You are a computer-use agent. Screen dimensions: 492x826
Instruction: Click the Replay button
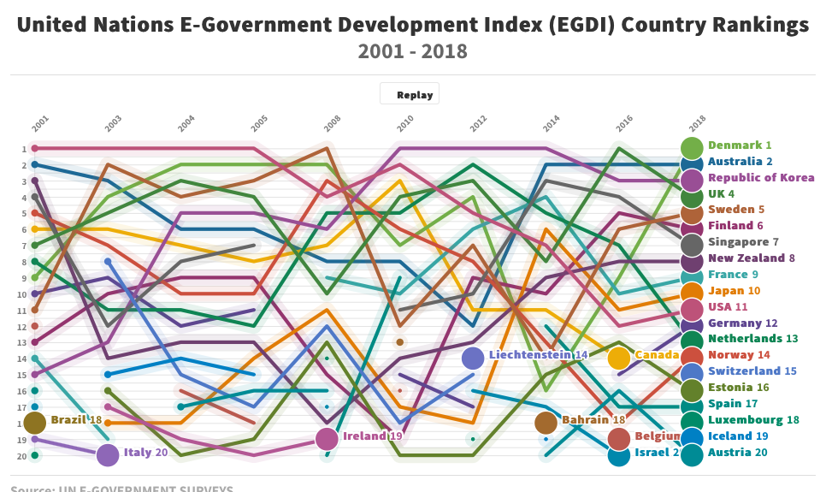tap(410, 95)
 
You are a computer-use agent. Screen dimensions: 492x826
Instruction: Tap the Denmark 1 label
tap(740, 145)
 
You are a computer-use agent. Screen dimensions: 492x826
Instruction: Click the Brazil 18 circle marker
tap(35, 423)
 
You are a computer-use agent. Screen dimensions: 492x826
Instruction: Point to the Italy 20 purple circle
tap(108, 455)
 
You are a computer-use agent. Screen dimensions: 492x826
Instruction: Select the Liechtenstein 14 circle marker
tap(473, 358)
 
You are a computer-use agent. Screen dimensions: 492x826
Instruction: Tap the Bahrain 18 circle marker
tap(546, 423)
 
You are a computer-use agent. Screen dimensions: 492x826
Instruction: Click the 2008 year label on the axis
tap(333, 124)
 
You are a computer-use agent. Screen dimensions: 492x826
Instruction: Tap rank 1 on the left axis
tap(23, 149)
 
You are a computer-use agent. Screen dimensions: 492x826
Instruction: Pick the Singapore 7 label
tap(743, 242)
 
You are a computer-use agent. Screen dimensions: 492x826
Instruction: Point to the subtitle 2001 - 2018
tap(413, 51)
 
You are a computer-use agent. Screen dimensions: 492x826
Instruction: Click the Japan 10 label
tap(734, 291)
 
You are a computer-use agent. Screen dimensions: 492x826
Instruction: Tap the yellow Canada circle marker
tap(619, 358)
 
